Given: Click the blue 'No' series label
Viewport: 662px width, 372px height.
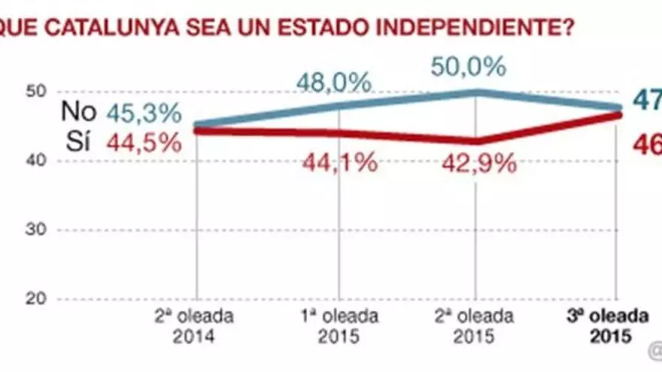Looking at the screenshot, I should (x=78, y=113).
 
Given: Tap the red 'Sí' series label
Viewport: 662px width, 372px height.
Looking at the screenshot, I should (x=78, y=142).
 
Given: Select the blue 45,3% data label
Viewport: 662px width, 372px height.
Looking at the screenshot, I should (x=144, y=113).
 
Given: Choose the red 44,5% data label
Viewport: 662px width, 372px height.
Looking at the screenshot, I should (x=144, y=142).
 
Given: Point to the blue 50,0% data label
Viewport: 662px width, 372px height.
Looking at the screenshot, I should (x=468, y=67).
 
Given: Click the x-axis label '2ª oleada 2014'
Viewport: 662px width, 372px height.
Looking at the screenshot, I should (x=196, y=325).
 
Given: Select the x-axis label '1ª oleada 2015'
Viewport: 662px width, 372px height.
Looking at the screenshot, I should (x=339, y=325).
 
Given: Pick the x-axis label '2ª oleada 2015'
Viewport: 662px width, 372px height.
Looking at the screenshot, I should (x=476, y=325).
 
